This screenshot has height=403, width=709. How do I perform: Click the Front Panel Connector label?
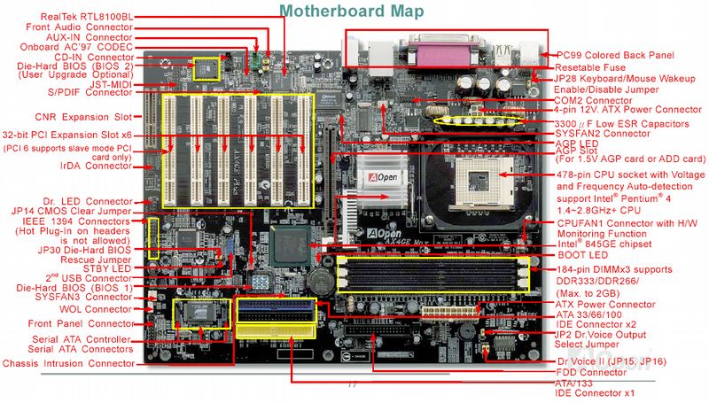82,324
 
